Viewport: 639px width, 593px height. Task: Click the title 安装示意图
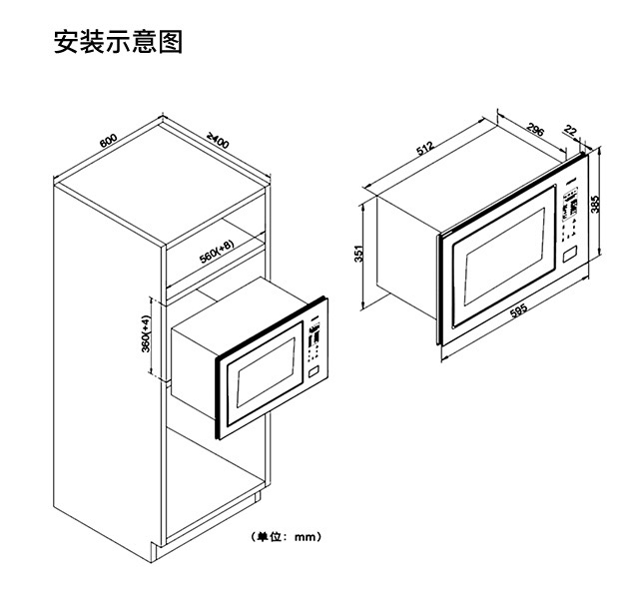click(118, 44)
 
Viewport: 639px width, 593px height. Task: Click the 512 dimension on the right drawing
click(425, 149)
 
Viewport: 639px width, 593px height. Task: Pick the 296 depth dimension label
click(535, 130)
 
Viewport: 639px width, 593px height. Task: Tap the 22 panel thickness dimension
click(571, 130)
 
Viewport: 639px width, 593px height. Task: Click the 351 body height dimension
click(359, 256)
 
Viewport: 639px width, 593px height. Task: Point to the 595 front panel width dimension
click(518, 312)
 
